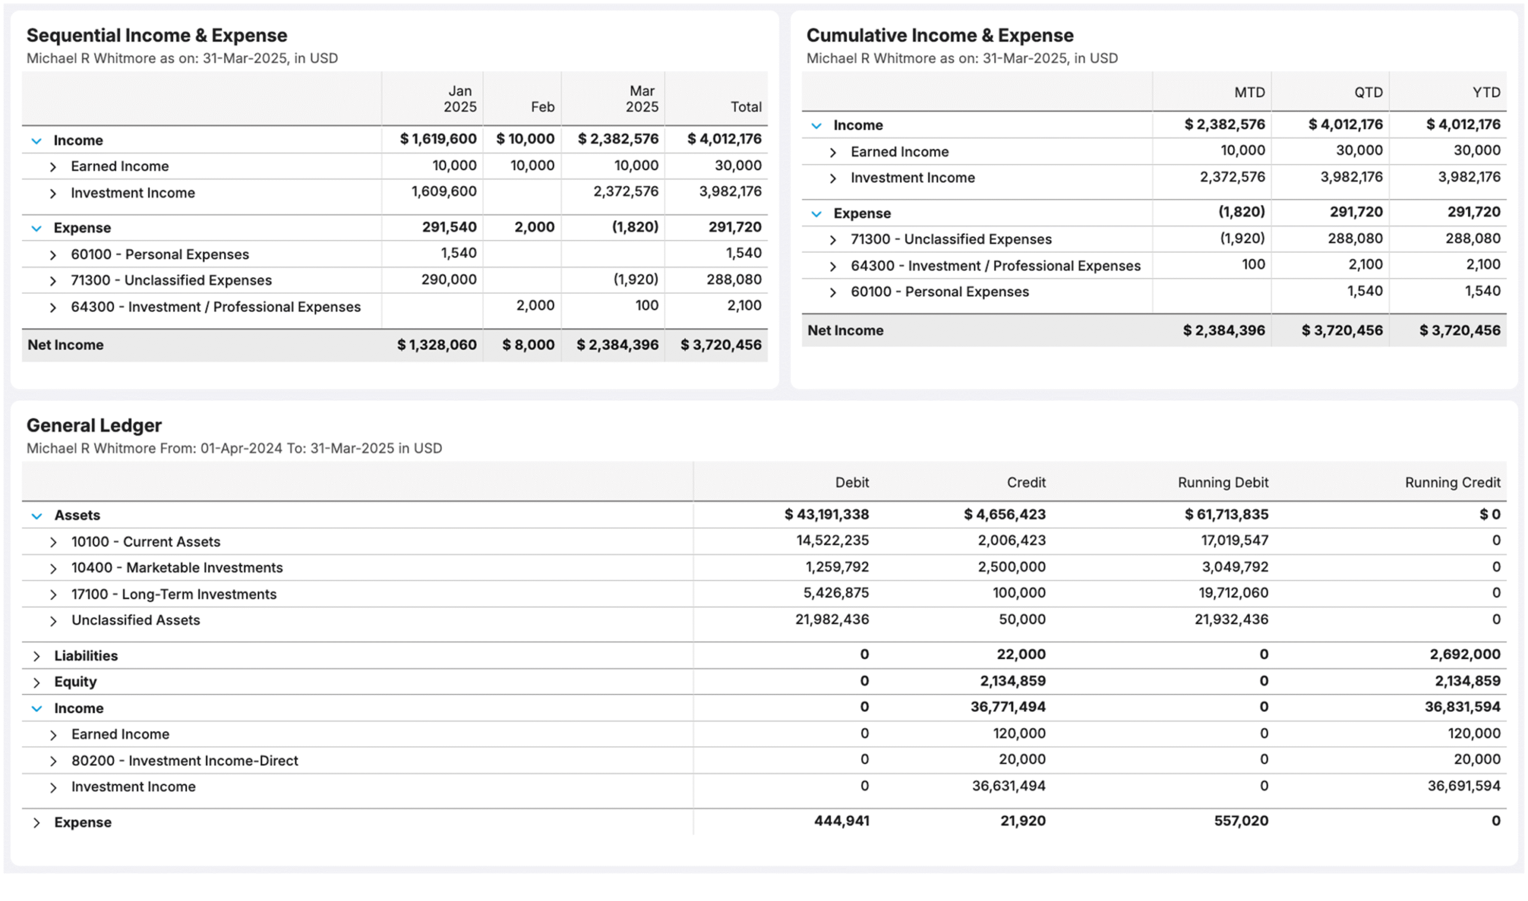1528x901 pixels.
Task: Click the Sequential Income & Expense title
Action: [157, 35]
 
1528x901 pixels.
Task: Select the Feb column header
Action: [543, 107]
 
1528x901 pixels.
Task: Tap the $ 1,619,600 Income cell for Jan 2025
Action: [438, 139]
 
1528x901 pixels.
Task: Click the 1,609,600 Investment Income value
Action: [443, 192]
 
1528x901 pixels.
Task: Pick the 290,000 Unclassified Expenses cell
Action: [449, 279]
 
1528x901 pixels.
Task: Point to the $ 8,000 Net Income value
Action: [528, 345]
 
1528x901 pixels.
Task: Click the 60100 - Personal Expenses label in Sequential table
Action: [160, 254]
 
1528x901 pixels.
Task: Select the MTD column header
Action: [1249, 92]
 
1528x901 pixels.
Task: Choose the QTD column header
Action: [1367, 92]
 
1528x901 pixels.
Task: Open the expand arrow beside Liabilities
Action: [36, 656]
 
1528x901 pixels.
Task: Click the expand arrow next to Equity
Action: [36, 682]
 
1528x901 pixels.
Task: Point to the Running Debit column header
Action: [1222, 482]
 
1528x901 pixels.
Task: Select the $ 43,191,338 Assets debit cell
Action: [826, 514]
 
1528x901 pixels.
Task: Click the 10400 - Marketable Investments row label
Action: [177, 567]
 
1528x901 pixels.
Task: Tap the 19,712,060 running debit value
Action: [1233, 593]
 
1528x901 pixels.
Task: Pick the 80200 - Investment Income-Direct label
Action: [184, 760]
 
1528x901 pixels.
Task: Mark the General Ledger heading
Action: [94, 425]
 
